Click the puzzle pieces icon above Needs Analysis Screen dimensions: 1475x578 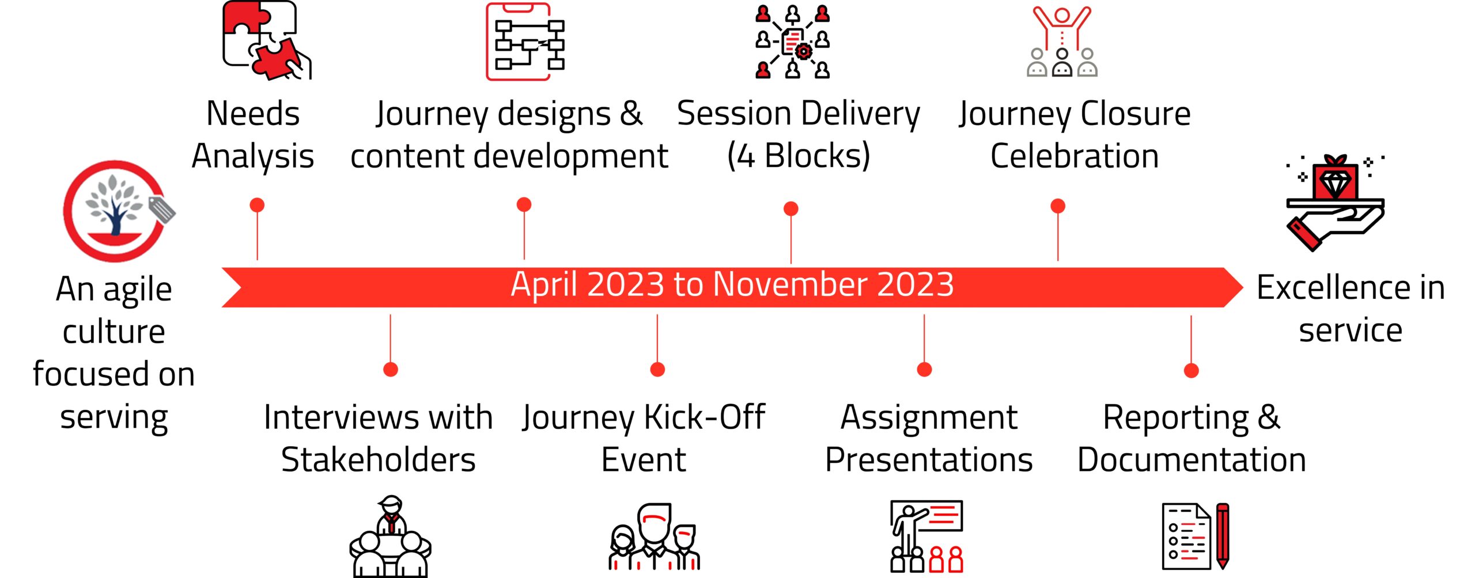click(267, 40)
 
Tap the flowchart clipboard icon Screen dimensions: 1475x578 click(525, 41)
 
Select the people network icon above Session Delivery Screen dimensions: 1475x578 click(793, 41)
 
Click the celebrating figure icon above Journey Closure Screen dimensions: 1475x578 click(1062, 41)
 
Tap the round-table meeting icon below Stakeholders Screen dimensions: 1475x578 click(391, 537)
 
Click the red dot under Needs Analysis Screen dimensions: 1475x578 click(257, 205)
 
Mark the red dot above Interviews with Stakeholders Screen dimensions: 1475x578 click(391, 369)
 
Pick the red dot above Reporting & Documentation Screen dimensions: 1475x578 click(1192, 370)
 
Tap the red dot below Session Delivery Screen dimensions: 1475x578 click(791, 208)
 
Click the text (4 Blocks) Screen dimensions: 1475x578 click(799, 155)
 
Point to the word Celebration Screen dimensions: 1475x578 click(1075, 156)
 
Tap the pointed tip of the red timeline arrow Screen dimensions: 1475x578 click(1243, 287)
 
